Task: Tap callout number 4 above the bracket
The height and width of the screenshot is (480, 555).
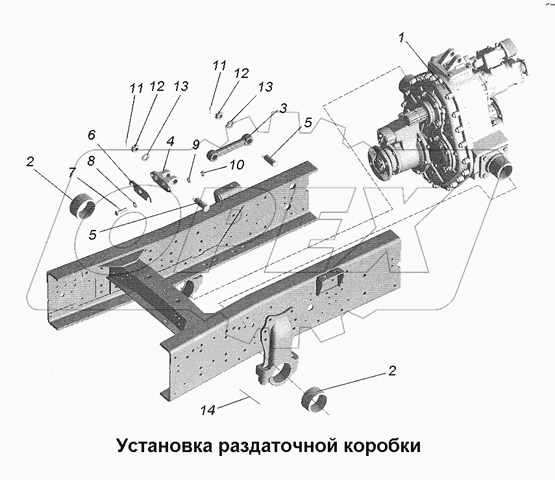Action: pyautogui.click(x=169, y=142)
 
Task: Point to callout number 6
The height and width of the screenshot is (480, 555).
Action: pyautogui.click(x=92, y=134)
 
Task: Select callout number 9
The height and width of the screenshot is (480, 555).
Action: pyautogui.click(x=194, y=144)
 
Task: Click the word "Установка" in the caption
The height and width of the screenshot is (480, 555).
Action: pyautogui.click(x=164, y=446)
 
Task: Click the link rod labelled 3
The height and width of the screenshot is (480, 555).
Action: pyautogui.click(x=230, y=146)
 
